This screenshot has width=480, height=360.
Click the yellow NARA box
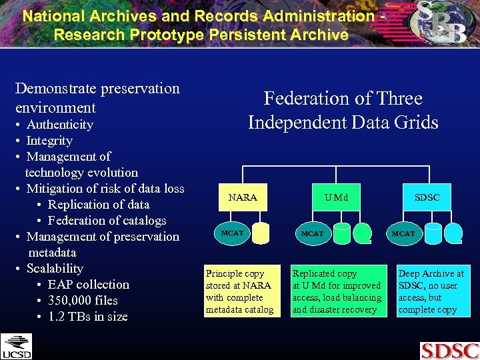coord(243,197)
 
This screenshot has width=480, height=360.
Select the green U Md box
coord(336,197)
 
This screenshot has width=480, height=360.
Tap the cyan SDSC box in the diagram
coord(427,197)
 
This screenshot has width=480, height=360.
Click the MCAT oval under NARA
coord(232,233)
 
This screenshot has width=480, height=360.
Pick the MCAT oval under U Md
coord(312,233)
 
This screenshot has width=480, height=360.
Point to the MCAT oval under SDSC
coord(403,233)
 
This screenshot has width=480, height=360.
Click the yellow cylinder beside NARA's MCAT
coord(261,232)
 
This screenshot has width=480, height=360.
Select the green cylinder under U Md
coord(363,231)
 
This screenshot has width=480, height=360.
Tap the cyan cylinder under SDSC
coord(453,231)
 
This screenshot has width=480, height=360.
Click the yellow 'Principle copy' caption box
coord(239,291)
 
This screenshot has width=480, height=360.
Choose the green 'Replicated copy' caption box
coord(338,291)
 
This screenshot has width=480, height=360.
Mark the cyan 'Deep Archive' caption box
coord(431,291)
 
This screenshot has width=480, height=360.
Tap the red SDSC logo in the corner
coord(449,351)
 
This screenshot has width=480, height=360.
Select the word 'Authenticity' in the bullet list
coord(59,125)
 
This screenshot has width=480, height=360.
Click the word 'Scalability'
coord(55,269)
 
